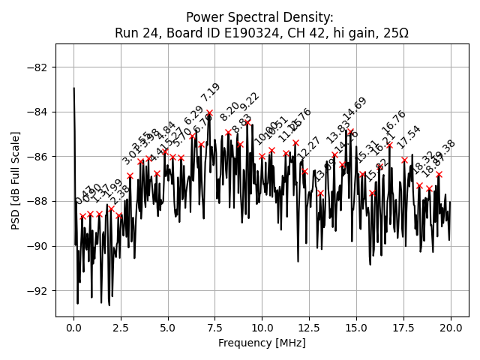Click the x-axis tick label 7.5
pyautogui.click(x=214, y=328)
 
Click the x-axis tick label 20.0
pyautogui.click(x=450, y=328)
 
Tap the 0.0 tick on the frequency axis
pyautogui.click(x=73, y=328)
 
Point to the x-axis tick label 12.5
pyautogui.click(x=309, y=328)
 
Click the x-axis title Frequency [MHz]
pyautogui.click(x=262, y=343)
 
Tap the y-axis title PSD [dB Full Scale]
pyautogui.click(x=16, y=180)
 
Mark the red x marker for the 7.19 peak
pyautogui.click(x=209, y=112)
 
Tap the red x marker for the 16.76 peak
pyautogui.click(x=389, y=145)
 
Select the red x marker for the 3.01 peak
pyautogui.click(x=130, y=175)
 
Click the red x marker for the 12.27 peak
pyautogui.click(x=304, y=171)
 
